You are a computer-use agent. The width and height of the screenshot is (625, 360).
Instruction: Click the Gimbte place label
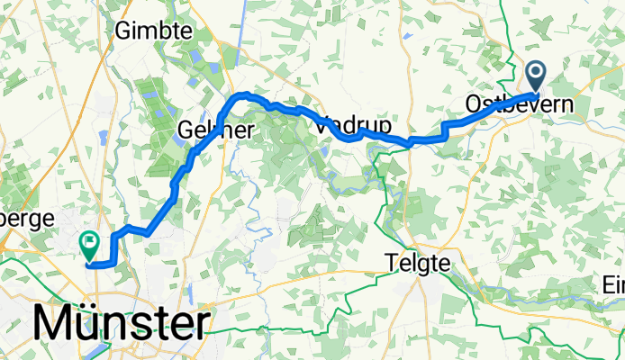[x=154, y=31]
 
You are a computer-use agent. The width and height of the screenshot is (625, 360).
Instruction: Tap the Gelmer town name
[x=216, y=130]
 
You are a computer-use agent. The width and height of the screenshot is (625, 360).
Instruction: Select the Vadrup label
[x=349, y=127]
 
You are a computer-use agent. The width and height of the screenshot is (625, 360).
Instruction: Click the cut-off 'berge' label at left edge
[x=27, y=219]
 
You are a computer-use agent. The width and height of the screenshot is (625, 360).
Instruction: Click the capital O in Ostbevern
[x=474, y=104]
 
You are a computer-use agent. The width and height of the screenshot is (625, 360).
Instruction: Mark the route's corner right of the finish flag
[x=113, y=262]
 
